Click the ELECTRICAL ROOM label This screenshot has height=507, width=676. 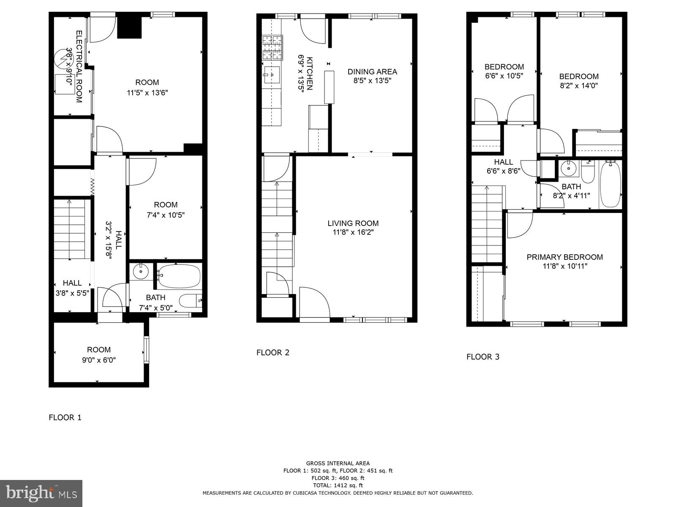click(x=79, y=66)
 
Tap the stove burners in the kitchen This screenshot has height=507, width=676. click(x=273, y=47)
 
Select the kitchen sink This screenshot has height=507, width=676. click(x=271, y=75)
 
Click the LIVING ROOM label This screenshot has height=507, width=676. click(x=353, y=224)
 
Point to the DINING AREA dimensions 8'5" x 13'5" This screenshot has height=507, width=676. click(x=372, y=81)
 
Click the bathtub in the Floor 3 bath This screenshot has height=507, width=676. click(x=610, y=184)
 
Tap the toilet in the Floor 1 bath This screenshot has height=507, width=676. click(x=190, y=301)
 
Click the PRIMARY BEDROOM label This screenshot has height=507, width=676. click(x=564, y=257)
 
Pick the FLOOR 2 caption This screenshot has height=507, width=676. click(x=273, y=352)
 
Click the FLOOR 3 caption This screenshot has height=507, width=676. click(x=483, y=357)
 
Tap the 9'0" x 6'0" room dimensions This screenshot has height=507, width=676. click(x=99, y=360)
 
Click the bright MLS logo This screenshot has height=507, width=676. click(x=41, y=493)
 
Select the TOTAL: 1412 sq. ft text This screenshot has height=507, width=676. click(x=338, y=485)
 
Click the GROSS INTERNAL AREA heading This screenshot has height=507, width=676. click(x=338, y=463)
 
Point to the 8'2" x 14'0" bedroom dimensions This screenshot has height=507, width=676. click(x=579, y=85)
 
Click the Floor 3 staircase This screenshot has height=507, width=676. click(x=487, y=224)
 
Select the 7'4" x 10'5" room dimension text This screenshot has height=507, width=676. click(x=166, y=215)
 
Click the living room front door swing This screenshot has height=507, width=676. click(x=314, y=302)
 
